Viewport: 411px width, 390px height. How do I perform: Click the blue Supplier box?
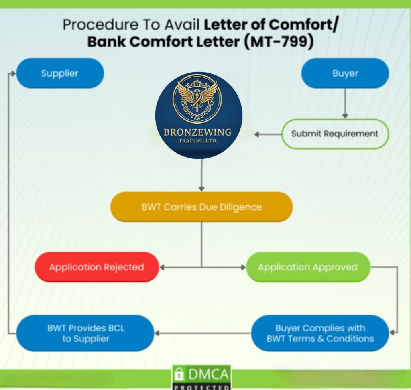(x=60, y=73)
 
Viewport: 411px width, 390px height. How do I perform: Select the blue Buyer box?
(x=345, y=73)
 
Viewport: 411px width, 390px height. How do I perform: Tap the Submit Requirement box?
(x=334, y=134)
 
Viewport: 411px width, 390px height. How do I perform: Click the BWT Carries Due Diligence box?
(x=201, y=207)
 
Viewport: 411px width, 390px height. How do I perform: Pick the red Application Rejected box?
(x=96, y=267)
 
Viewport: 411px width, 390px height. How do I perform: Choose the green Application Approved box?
(x=307, y=267)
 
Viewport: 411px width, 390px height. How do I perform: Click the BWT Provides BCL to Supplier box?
(x=85, y=333)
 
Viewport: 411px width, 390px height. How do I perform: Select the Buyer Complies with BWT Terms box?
(x=320, y=333)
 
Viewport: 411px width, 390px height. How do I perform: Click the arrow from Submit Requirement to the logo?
(x=267, y=134)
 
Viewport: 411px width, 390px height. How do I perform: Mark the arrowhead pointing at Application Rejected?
(x=163, y=267)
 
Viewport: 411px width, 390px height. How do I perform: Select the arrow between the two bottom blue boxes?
(x=202, y=333)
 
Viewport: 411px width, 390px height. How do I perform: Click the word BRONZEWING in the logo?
(x=197, y=132)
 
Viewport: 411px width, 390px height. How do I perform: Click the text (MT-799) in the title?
(x=278, y=41)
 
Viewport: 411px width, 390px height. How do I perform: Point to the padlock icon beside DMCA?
(x=179, y=375)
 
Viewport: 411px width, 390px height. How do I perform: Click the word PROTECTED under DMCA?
(x=201, y=387)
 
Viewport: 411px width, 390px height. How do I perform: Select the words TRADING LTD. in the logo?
(x=198, y=141)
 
